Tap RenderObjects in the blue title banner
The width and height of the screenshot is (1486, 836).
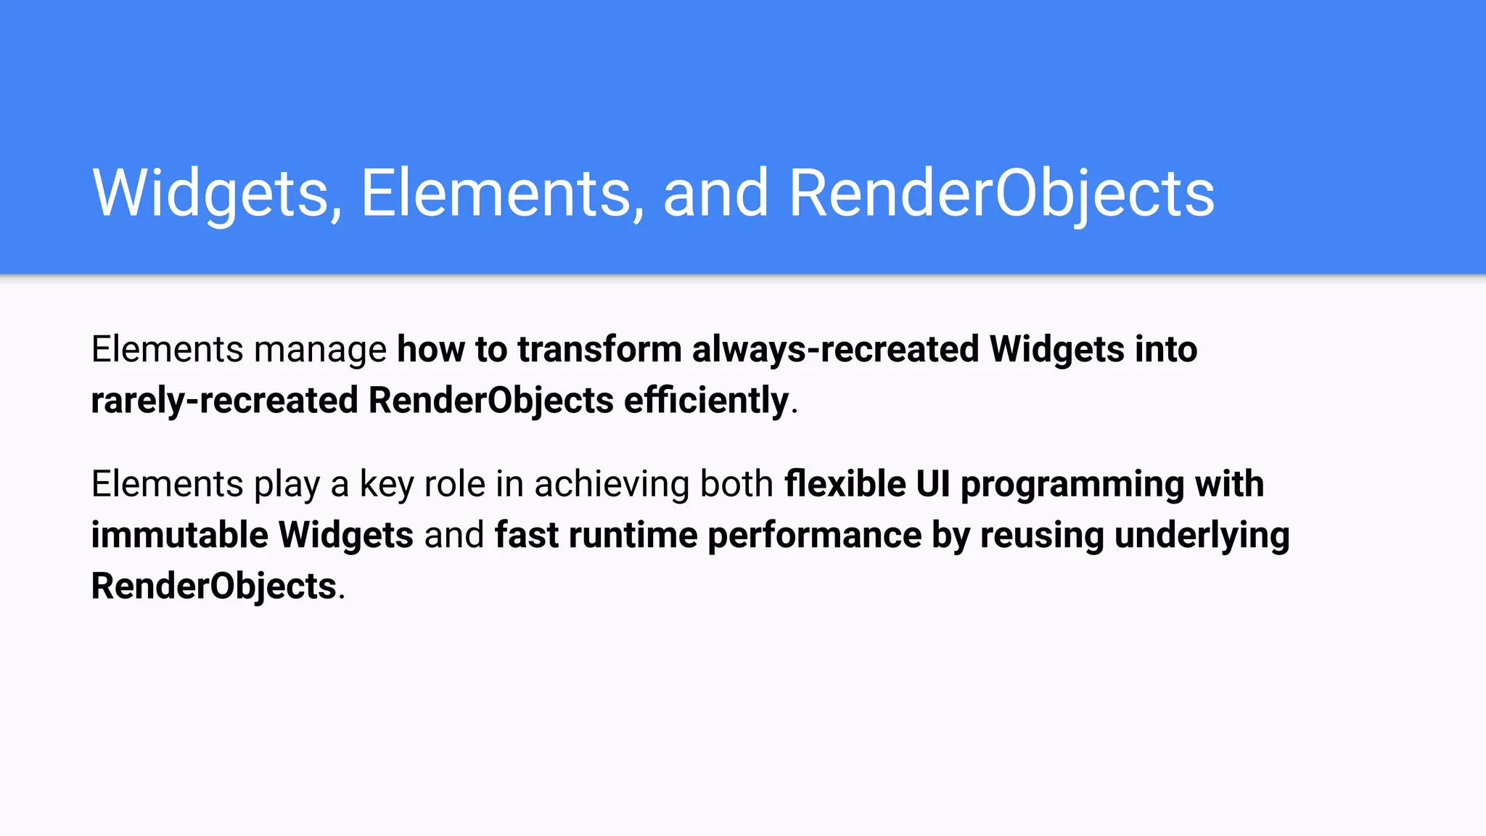coord(1001,193)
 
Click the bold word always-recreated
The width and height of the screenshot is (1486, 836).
coord(835,350)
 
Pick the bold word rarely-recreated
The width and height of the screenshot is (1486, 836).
coord(224,401)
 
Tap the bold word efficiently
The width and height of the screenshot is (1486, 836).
coord(706,401)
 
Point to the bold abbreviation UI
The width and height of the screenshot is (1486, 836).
coord(932,484)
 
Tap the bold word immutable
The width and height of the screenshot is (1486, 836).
coord(179,536)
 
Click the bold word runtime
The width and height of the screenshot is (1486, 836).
coord(633,536)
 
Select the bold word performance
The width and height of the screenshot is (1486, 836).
coord(814,536)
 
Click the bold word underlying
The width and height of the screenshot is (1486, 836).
coord(1202,536)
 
